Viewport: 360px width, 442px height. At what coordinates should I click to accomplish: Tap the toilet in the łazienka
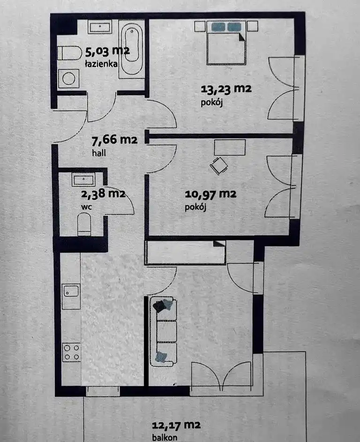(69, 53)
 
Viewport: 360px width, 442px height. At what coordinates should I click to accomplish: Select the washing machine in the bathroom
(68, 78)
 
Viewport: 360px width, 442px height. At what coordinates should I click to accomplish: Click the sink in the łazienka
(100, 27)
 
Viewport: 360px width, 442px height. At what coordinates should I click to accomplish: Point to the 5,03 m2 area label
(107, 52)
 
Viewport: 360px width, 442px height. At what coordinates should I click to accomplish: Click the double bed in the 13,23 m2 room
(226, 43)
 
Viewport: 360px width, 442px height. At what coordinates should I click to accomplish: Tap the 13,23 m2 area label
(226, 89)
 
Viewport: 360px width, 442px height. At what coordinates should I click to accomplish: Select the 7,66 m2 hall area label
(114, 140)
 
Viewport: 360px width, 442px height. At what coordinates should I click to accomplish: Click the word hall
(99, 153)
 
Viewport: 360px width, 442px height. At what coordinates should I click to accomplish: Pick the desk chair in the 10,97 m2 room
(218, 166)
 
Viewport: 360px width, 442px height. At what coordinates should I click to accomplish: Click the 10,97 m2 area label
(210, 194)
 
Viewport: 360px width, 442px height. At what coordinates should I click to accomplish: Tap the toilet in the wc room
(84, 224)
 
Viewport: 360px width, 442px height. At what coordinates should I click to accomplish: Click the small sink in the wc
(83, 180)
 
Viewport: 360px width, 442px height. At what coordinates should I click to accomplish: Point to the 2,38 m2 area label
(103, 194)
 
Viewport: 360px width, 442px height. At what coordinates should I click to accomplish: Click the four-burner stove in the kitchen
(71, 352)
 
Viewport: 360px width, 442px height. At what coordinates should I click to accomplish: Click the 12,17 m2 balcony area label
(176, 425)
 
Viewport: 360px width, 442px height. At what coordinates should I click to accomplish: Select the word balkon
(165, 437)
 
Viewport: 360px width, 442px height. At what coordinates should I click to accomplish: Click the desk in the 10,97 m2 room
(230, 147)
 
